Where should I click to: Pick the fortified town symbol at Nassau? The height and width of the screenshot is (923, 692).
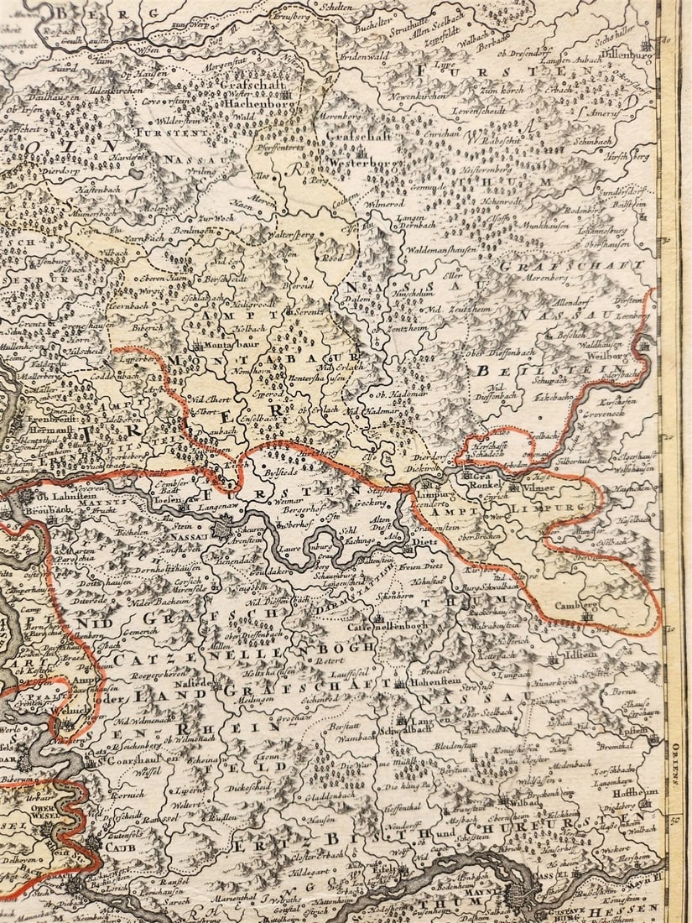pos(221,529)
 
